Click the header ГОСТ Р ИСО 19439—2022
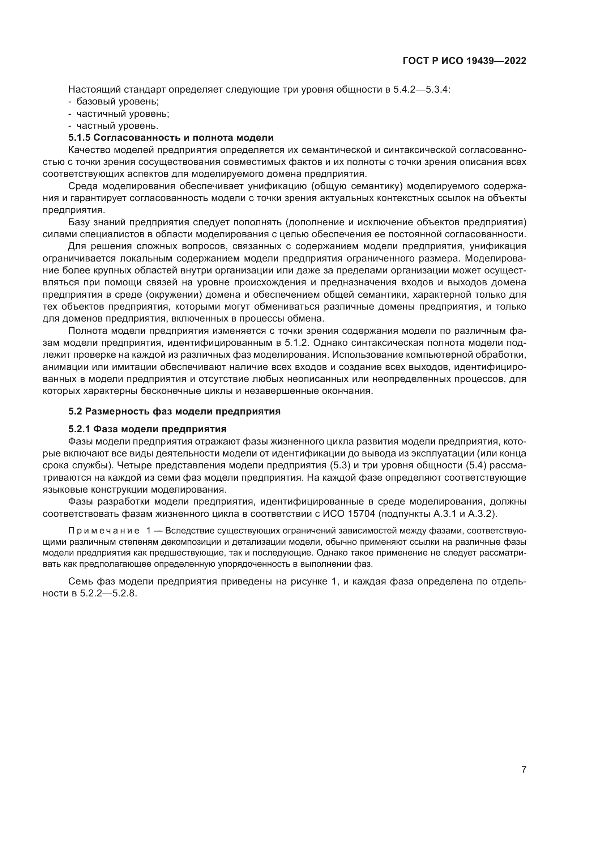(464, 61)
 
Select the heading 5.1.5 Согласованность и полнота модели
(171, 138)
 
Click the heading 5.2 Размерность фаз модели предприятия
(174, 411)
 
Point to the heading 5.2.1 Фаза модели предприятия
(147, 429)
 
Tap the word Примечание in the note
(104, 531)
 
